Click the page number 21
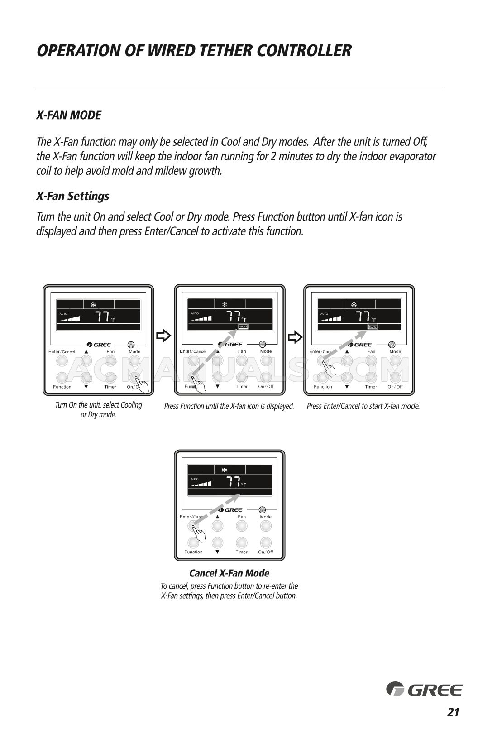pos(453,712)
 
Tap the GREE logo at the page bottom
pos(424,690)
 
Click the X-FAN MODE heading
pos(69,115)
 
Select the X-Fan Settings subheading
pos(72,196)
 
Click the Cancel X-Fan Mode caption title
pos(229,573)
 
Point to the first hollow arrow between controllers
pos(163,336)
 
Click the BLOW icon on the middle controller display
pos(244,326)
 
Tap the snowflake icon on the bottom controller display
pos(224,470)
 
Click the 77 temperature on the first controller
pos(102,317)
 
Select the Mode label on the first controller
pos(134,351)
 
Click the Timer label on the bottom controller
pos(242,552)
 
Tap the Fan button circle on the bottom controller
pos(242,526)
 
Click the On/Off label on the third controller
pos(395,387)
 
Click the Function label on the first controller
pos(62,387)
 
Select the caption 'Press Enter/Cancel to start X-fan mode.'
pos(363,406)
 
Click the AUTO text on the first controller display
pos(64,313)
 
